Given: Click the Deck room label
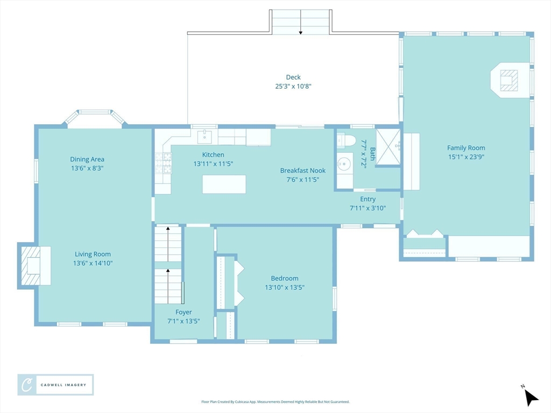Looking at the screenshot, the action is (293, 77).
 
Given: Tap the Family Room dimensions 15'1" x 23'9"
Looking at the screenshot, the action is (466, 157).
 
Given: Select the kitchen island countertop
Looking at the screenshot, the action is (224, 184).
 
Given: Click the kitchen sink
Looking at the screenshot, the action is (204, 137).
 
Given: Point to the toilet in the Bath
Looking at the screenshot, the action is (346, 140).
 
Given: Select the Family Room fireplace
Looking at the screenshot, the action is (510, 81).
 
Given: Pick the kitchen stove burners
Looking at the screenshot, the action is (164, 163).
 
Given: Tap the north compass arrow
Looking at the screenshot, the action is (531, 397).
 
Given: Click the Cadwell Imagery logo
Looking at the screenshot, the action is (55, 385).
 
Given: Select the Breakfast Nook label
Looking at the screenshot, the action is (302, 170).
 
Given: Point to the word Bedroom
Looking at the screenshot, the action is (285, 279).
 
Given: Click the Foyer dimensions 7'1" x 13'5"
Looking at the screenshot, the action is (183, 321).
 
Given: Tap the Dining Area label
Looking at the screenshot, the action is (87, 159).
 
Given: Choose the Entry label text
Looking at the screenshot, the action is (368, 200).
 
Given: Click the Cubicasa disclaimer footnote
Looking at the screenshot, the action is (275, 402).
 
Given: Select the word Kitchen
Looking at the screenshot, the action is (213, 155).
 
